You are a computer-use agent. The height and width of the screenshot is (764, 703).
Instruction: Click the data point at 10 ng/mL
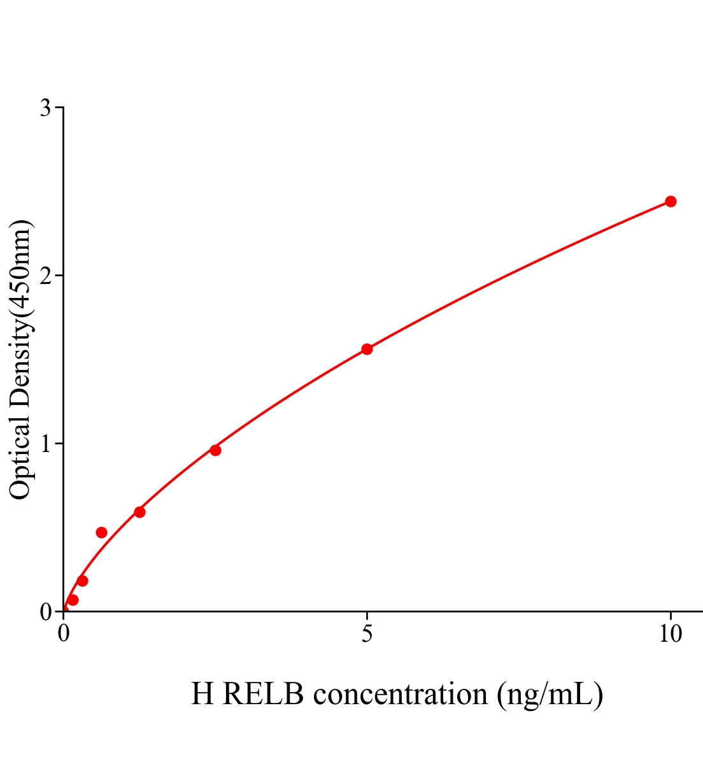670,201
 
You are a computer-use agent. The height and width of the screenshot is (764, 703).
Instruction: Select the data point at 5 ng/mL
367,349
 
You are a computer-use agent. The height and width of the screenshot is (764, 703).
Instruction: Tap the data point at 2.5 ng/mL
215,450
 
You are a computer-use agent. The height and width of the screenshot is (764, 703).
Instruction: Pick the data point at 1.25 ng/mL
139,512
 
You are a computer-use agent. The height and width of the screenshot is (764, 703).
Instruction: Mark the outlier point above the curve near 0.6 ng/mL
101,532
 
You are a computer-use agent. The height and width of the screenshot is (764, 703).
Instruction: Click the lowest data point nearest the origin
73,600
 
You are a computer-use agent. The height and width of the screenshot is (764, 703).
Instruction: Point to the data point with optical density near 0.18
82,581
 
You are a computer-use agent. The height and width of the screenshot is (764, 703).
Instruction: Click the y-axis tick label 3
45,108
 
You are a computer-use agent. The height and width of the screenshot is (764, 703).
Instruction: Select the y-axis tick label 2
45,276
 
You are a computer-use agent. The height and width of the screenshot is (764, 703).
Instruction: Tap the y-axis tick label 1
45,444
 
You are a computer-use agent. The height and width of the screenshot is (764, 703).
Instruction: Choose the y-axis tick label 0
45,612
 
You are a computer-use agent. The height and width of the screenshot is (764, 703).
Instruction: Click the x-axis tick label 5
367,634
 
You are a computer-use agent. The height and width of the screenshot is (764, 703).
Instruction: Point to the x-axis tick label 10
670,634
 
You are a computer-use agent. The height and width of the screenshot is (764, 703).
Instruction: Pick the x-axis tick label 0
64,634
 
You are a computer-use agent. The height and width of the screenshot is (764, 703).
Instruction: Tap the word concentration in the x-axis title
401,694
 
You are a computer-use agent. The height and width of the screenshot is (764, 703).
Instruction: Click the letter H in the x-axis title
202,694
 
